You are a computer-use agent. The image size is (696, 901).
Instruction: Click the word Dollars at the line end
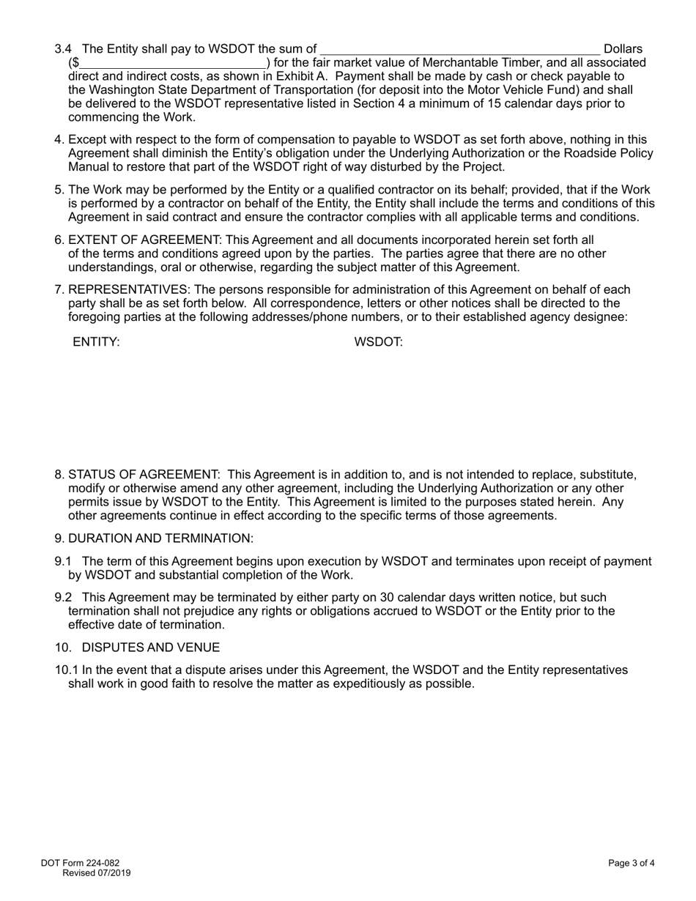tap(623, 49)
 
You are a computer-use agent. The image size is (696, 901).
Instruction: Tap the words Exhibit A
tap(296, 76)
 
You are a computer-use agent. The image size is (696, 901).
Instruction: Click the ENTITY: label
tap(96, 342)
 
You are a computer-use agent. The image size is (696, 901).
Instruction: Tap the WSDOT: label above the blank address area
tap(378, 342)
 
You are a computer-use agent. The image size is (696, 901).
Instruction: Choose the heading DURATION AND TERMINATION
tap(160, 538)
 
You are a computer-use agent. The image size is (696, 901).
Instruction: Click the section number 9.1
tap(64, 562)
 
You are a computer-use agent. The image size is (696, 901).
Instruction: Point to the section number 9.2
tap(64, 598)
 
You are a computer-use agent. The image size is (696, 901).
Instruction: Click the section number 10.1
tap(66, 670)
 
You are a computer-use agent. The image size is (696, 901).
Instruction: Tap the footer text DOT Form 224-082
tap(80, 863)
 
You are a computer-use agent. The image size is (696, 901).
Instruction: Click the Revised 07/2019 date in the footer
tap(97, 873)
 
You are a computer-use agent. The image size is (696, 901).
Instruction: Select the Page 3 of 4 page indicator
tap(631, 863)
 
